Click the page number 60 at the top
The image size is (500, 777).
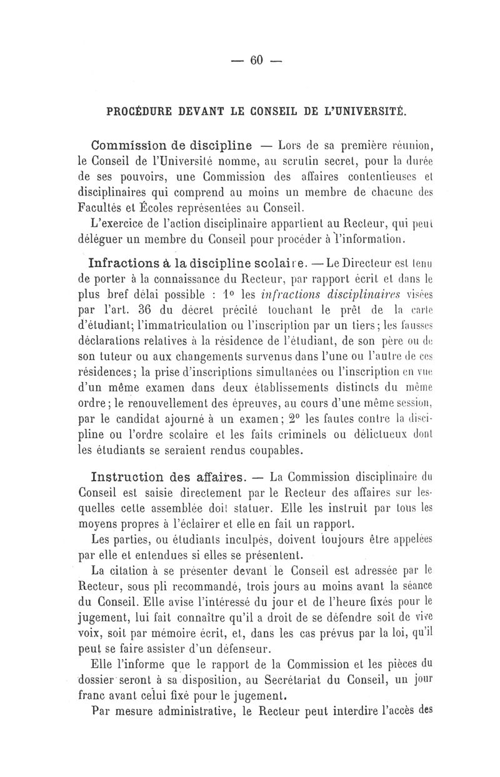pos(256,60)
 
